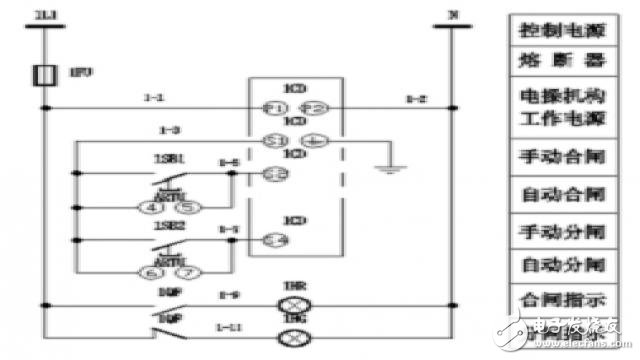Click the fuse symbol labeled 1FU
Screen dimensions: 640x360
[45, 75]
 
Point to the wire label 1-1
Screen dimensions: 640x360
[153, 98]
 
